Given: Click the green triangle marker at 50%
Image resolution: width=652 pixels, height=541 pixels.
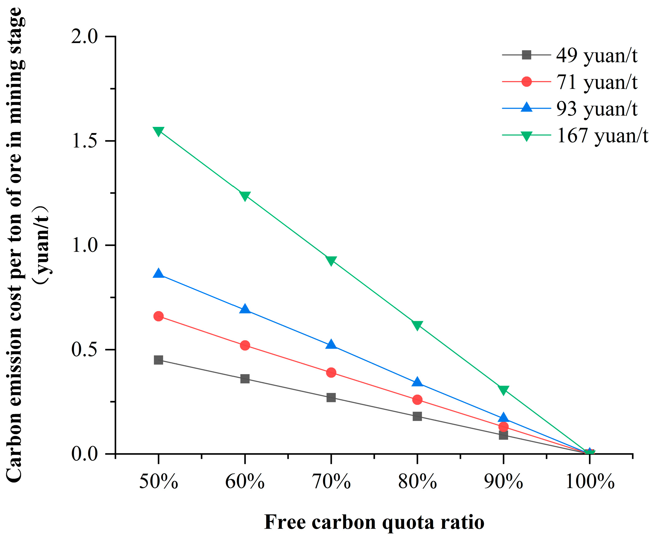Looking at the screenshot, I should point(158,131).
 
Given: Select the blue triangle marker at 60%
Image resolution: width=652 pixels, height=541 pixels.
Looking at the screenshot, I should point(245,309).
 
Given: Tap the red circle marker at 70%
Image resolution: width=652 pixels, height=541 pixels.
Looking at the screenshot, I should point(331,372).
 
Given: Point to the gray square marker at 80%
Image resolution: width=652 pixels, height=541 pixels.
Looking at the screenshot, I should point(417,417).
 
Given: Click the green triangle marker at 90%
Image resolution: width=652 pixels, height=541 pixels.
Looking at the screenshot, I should point(503,390).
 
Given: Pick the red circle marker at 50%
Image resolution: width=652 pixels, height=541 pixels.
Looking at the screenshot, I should point(158,316).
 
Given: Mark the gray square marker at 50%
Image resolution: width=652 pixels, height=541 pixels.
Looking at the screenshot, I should point(158,360).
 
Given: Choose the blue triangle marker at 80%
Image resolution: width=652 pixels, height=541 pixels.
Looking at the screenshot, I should point(417,382).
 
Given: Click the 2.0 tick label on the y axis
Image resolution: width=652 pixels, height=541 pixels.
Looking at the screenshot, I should point(84,37).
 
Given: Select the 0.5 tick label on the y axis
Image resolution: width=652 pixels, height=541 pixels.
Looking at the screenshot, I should point(84,350).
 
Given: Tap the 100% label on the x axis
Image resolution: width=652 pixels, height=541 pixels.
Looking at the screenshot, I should point(590,482).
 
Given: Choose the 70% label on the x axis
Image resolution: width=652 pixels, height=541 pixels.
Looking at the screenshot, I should point(331,482).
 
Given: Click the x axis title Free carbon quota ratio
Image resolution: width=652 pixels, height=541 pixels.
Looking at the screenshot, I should point(374,522).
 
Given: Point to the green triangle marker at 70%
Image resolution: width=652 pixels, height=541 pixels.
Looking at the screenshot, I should point(331,260).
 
